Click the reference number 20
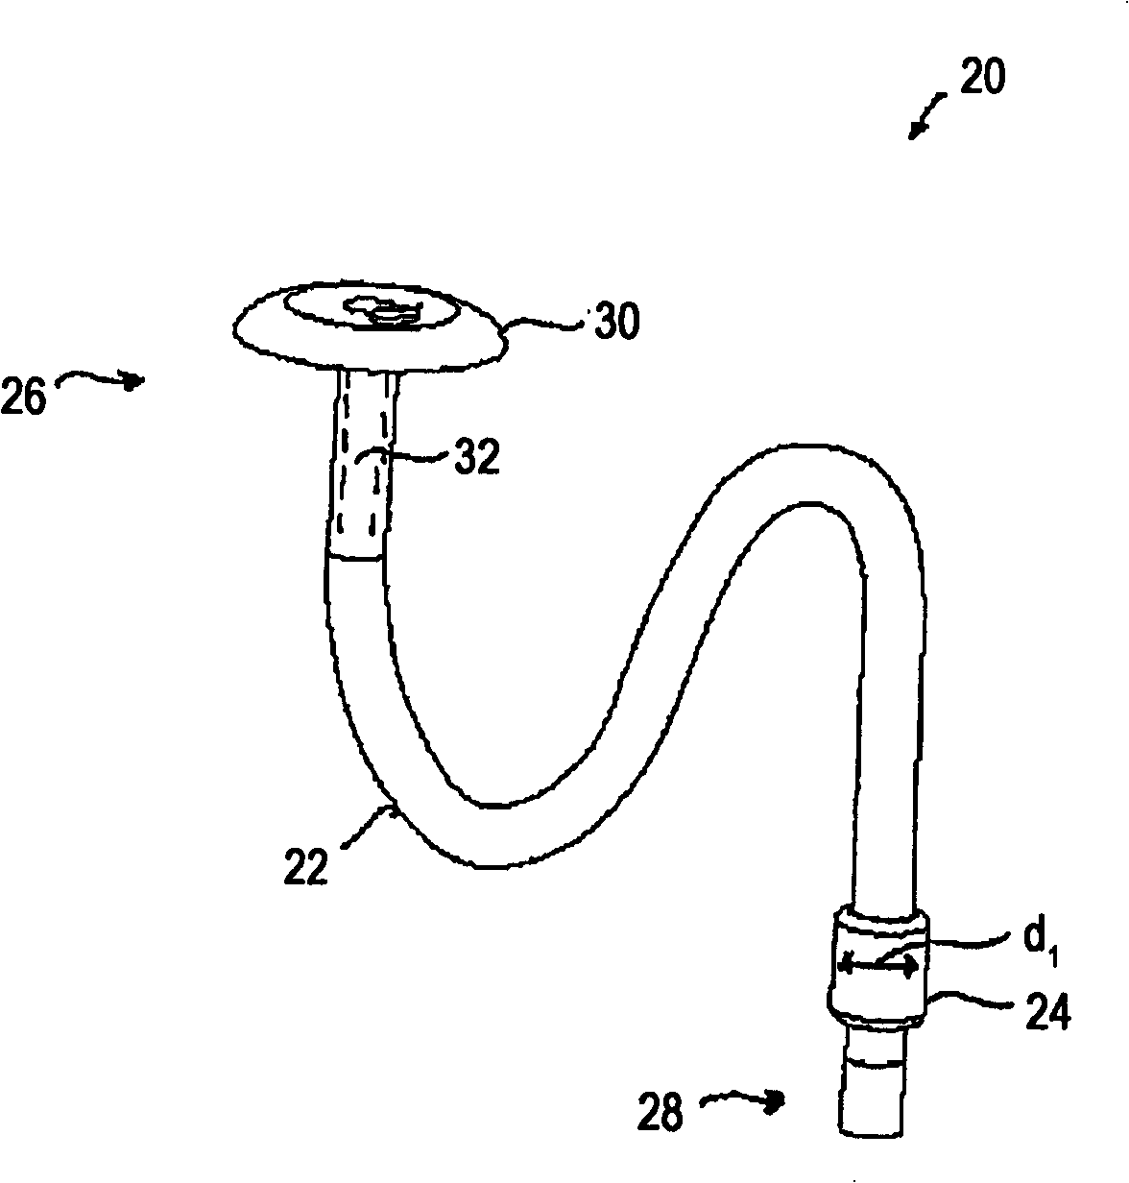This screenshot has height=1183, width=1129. coord(981,78)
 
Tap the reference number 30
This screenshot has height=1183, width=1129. coord(614,324)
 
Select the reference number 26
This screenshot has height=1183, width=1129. coord(23,396)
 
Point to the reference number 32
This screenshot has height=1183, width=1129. coord(476,457)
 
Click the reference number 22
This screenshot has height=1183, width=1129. coord(306,865)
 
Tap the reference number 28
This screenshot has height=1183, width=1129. coord(661,1112)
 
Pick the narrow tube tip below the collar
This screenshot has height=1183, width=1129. coord(873,1080)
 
